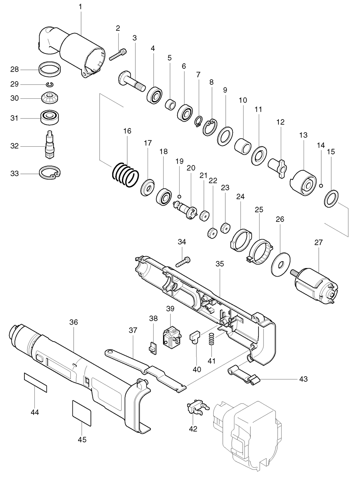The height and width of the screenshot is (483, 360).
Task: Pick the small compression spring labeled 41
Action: tap(212, 340)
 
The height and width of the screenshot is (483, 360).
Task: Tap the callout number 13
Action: tap(303, 135)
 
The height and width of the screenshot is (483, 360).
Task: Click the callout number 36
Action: tap(74, 322)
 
